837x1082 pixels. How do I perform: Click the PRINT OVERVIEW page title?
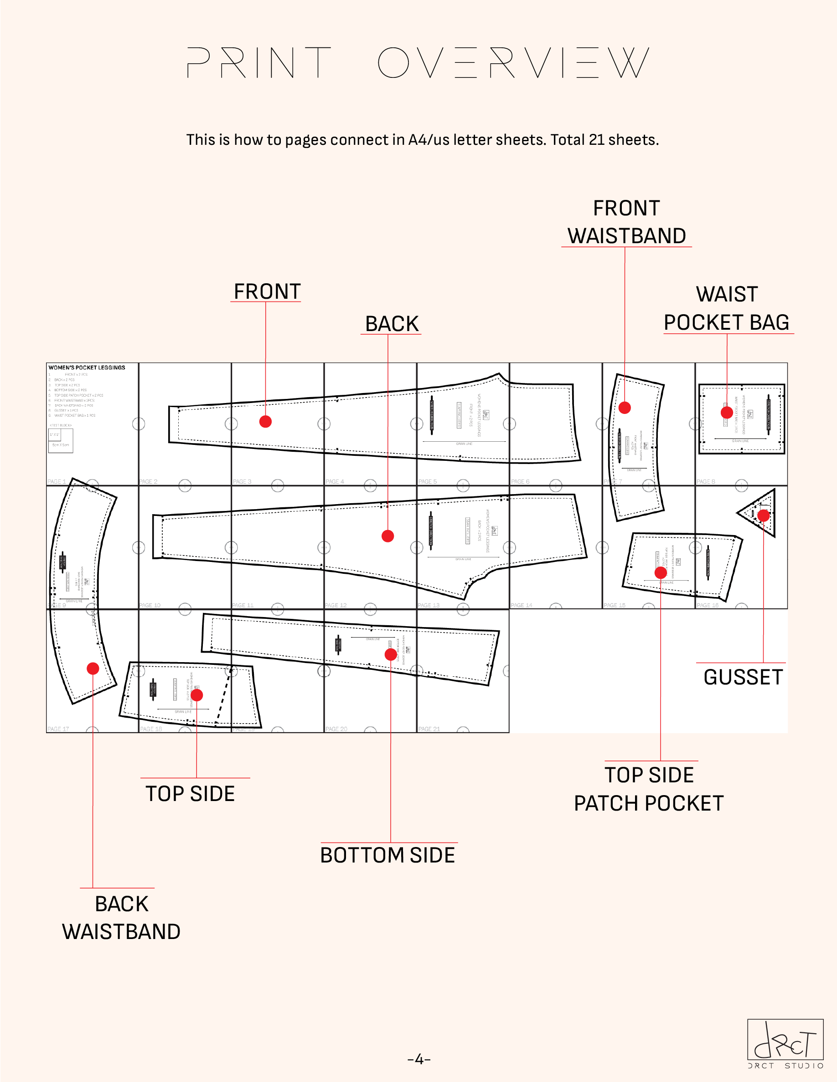pos(418,63)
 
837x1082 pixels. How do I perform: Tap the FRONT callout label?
pos(267,291)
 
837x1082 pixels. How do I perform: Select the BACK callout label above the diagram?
pos(392,323)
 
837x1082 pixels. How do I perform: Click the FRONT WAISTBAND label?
pos(626,222)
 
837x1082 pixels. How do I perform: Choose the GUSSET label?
pos(743,677)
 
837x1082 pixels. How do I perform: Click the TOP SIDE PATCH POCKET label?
pos(649,789)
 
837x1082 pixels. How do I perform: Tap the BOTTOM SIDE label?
pos(387,855)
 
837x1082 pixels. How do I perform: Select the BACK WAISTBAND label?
pos(121,918)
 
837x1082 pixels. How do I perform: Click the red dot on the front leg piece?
pos(265,422)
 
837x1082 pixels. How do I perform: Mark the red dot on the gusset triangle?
pos(764,516)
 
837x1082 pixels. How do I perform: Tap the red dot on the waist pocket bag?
pos(727,412)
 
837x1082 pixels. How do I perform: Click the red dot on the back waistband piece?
pos(93,669)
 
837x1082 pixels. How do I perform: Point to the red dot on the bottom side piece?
pos(391,654)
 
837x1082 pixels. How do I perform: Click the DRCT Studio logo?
pos(785,1043)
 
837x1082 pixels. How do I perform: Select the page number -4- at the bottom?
pos(418,1059)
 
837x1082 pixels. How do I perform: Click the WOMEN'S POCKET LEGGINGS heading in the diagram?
pos(87,367)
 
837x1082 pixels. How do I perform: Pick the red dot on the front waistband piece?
pos(625,408)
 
